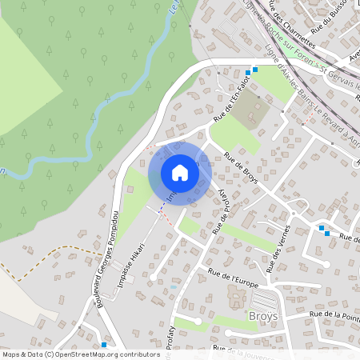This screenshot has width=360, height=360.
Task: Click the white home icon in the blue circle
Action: tap(179, 173)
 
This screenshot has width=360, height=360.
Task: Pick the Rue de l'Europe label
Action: tap(236, 277)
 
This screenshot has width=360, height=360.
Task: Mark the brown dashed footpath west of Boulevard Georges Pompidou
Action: tap(56, 254)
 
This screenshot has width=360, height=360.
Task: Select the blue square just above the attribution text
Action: tap(103, 344)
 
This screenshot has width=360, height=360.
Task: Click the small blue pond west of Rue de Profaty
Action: tap(173, 286)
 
